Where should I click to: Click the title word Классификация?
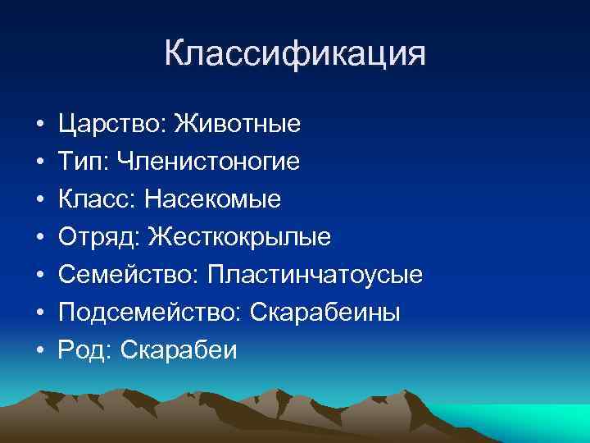click(x=295, y=54)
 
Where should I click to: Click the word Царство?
click(x=111, y=125)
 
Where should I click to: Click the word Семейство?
click(x=124, y=276)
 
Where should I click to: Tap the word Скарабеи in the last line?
click(x=178, y=351)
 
